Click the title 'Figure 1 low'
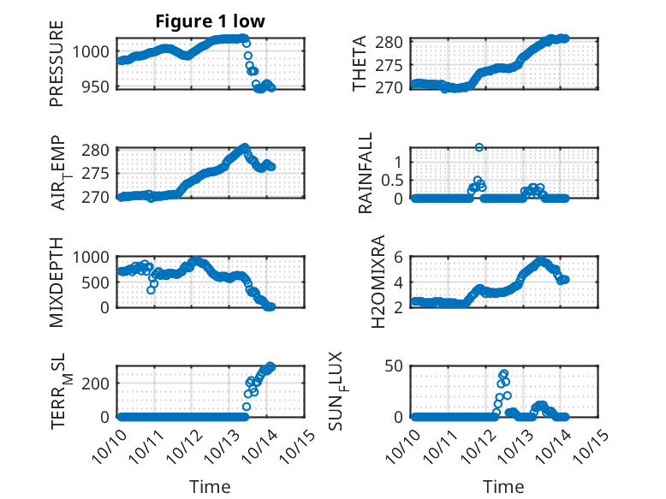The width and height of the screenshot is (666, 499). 210,22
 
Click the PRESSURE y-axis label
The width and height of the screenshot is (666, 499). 56,69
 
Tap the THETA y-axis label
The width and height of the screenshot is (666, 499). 360,63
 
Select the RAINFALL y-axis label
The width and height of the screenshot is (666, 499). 366,173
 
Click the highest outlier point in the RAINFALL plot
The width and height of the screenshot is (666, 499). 479,147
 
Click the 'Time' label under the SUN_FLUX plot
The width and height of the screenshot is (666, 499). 503,487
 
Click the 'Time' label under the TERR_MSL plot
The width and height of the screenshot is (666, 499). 210,487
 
